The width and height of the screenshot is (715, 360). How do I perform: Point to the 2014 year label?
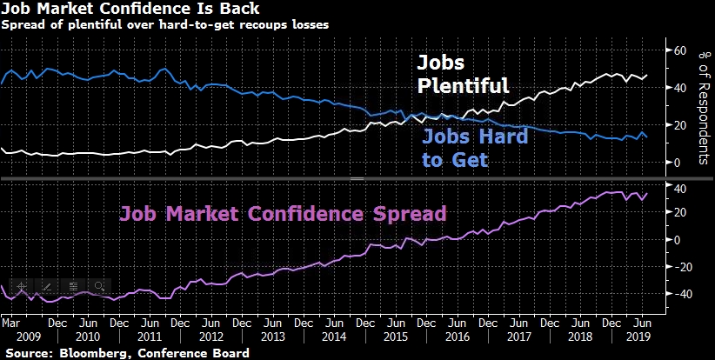[x=335, y=337]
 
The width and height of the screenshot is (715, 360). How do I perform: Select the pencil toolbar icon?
[x=47, y=285]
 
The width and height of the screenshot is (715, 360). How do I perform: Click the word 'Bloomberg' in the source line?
[x=88, y=352]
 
